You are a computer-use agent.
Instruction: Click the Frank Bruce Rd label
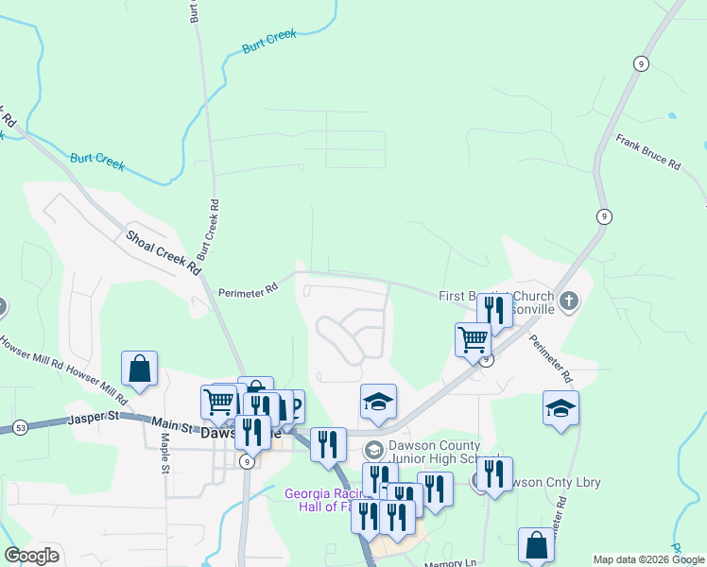pyautogui.click(x=648, y=151)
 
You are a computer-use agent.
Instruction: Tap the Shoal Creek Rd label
pyautogui.click(x=164, y=251)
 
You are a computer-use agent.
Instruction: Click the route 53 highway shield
pyautogui.click(x=20, y=428)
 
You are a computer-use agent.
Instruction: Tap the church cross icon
pyautogui.click(x=568, y=301)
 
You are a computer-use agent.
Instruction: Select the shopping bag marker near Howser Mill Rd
pyautogui.click(x=140, y=369)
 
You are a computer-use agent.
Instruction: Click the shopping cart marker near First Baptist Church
pyautogui.click(x=473, y=339)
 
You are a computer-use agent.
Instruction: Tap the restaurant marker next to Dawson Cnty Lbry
pyautogui.click(x=493, y=475)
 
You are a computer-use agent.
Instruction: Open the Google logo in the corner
pyautogui.click(x=31, y=556)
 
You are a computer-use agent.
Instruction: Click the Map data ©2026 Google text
pyautogui.click(x=648, y=559)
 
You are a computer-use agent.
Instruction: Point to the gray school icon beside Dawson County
pyautogui.click(x=373, y=449)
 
